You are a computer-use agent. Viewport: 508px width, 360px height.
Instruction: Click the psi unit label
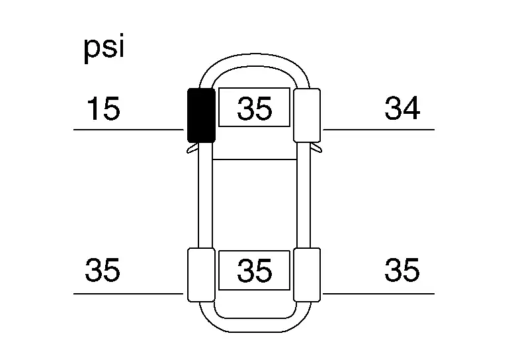tap(104, 48)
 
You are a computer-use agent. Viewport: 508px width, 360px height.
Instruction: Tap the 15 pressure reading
tap(103, 109)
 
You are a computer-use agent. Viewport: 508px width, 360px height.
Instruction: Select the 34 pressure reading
tap(402, 108)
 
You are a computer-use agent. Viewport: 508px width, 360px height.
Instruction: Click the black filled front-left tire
tap(201, 115)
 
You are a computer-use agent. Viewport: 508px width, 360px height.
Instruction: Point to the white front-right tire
tap(307, 115)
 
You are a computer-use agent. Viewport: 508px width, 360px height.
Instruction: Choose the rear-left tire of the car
tap(201, 275)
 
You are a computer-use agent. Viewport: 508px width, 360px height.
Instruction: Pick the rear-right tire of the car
tap(307, 275)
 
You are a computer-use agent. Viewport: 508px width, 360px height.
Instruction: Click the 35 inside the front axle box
tap(254, 109)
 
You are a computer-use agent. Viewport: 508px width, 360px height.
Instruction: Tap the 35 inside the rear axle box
tap(254, 270)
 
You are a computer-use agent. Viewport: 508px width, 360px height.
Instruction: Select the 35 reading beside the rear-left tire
tap(103, 269)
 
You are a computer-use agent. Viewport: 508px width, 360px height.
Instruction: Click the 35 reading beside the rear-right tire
tap(402, 269)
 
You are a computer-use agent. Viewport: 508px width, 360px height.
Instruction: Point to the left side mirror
tap(192, 149)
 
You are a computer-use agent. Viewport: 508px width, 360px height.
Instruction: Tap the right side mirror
tap(316, 149)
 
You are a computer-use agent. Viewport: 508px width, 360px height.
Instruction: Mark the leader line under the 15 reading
tap(128, 130)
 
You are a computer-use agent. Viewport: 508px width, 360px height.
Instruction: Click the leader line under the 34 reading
tap(379, 130)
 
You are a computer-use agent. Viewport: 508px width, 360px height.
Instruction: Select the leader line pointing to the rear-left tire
tap(128, 294)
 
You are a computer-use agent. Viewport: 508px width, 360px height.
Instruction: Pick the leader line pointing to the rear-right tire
tap(379, 294)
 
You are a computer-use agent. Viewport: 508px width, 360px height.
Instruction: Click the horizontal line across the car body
tap(254, 159)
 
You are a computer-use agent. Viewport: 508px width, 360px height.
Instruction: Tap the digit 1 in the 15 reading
tap(94, 109)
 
